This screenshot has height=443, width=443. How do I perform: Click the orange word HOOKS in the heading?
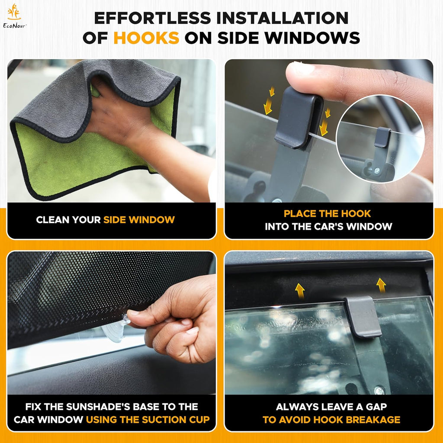[146, 38]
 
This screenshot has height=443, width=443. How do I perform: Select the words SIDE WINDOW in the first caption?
[139, 220]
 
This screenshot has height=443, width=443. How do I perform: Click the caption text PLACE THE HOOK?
[327, 213]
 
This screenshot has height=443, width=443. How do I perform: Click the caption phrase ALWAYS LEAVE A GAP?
[331, 407]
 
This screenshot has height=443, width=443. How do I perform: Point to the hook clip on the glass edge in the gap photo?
[363, 316]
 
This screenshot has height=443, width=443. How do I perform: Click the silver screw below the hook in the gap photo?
[379, 391]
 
